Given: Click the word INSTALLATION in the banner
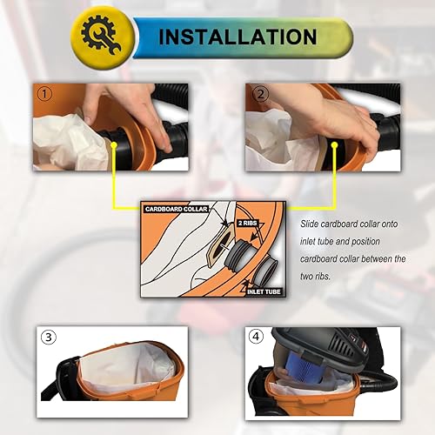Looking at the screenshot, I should coord(238,37).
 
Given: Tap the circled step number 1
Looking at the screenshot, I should coord(43,93).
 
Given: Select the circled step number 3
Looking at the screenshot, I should coord(50,337).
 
